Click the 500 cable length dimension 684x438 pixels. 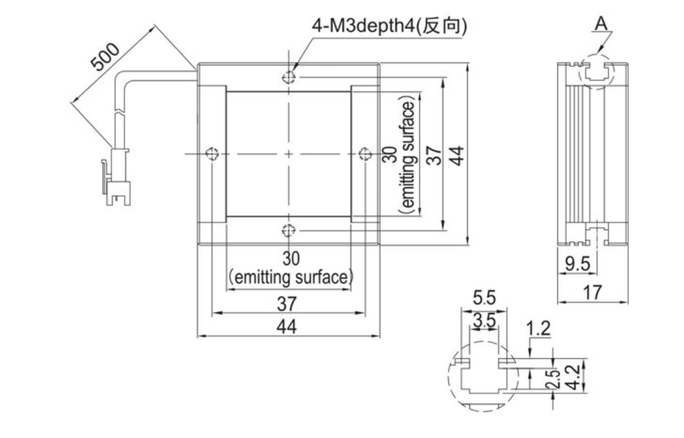pyautogui.click(x=105, y=57)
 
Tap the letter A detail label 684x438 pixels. pyautogui.click(x=601, y=23)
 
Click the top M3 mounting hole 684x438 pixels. pyautogui.click(x=289, y=78)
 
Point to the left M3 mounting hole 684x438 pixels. pyautogui.click(x=212, y=154)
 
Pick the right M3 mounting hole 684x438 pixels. pyautogui.click(x=365, y=154)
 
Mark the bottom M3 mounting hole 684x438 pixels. pyautogui.click(x=289, y=231)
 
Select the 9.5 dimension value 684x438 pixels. pyautogui.click(x=577, y=264)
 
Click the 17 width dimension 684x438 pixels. pyautogui.click(x=593, y=292)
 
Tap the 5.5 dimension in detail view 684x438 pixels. pyautogui.click(x=484, y=298)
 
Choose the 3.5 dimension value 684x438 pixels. pyautogui.click(x=484, y=320)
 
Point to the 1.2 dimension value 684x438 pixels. pyautogui.click(x=539, y=328)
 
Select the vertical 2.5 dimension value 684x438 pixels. pyautogui.click(x=552, y=378)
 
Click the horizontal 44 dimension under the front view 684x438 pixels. pyautogui.click(x=287, y=326)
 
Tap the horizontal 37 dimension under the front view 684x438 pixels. pyautogui.click(x=287, y=304)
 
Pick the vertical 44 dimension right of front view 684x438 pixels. pyautogui.click(x=456, y=155)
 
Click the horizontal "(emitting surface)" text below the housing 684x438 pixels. pyautogui.click(x=291, y=278)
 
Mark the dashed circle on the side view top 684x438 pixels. pyautogui.click(x=596, y=71)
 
